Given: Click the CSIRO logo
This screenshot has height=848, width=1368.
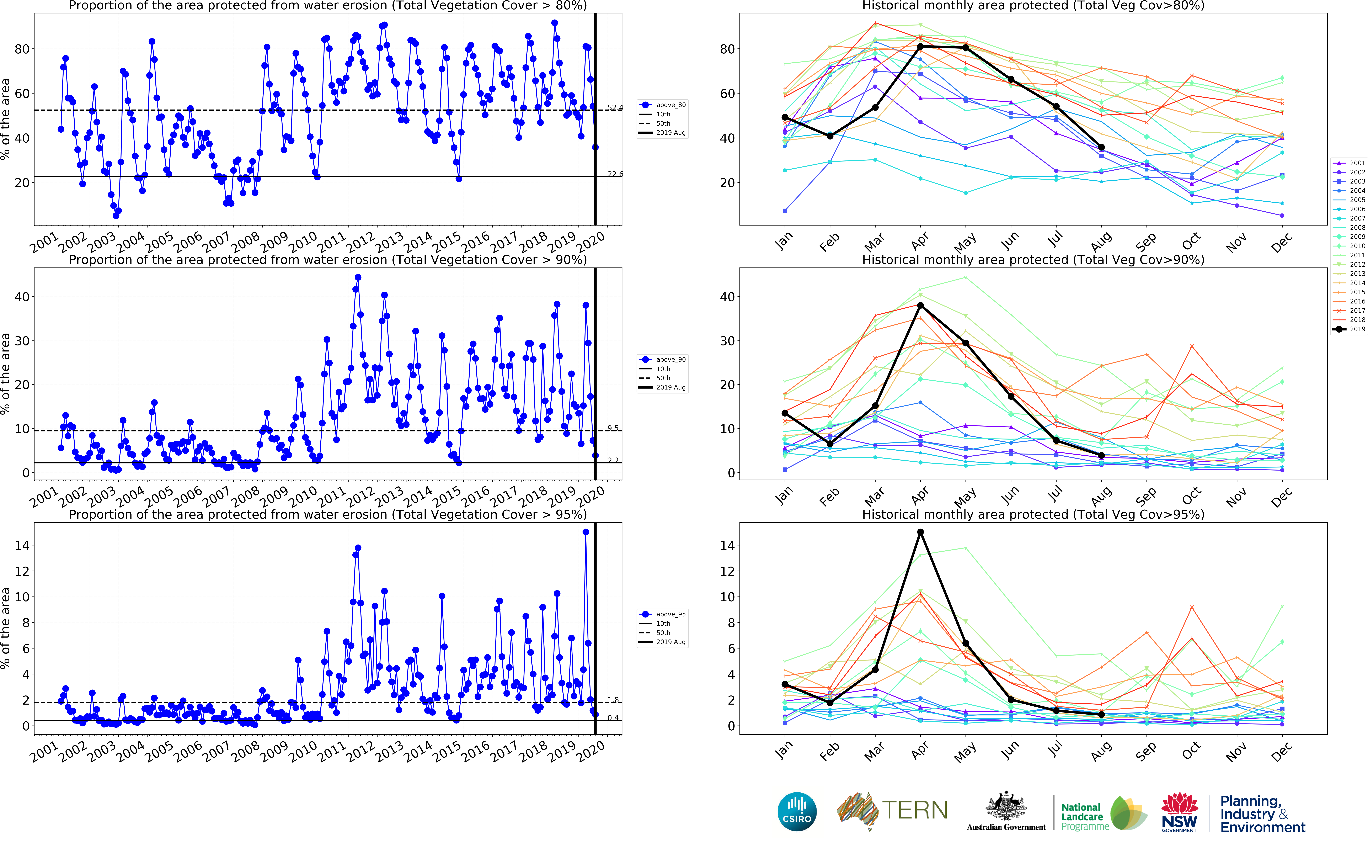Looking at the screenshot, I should pos(797,812).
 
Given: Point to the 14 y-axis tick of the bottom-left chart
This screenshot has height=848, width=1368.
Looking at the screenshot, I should pos(22,545).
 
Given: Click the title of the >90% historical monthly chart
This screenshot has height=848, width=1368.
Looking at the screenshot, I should pos(1033,260).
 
